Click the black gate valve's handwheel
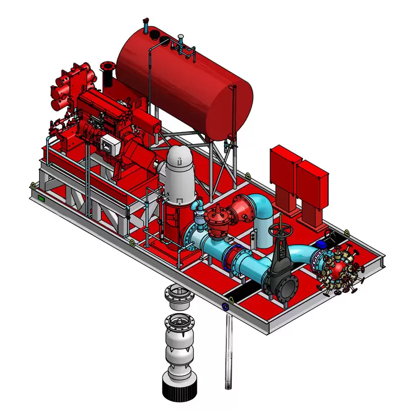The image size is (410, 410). pyautogui.click(x=280, y=226)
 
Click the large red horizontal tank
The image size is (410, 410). pyautogui.click(x=184, y=85)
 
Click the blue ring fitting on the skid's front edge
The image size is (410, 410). pyautogui.click(x=225, y=307)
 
